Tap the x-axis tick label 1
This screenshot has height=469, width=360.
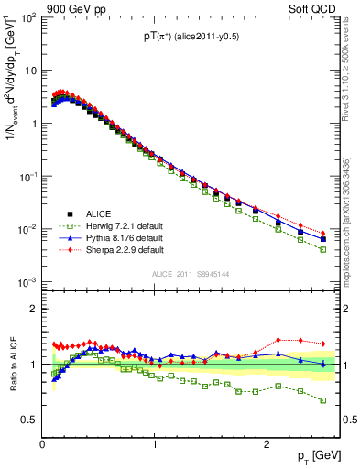tap(155, 443)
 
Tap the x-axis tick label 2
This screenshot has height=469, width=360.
tap(266, 443)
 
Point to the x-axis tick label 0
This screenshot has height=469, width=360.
tap(43, 443)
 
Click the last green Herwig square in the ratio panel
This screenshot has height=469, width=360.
tap(322, 400)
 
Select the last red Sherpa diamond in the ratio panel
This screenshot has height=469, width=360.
tap(322, 344)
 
